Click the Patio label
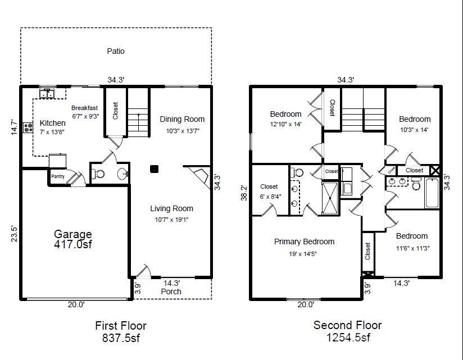click(x=116, y=51)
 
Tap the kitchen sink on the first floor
click(x=47, y=93)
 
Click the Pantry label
click(x=57, y=176)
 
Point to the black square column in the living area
click(x=154, y=169)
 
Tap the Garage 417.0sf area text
click(x=73, y=239)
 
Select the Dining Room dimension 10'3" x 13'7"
click(x=183, y=131)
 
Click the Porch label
click(x=171, y=291)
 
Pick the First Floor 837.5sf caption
click(x=121, y=332)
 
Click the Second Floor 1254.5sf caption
click(x=348, y=331)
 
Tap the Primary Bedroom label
click(x=304, y=241)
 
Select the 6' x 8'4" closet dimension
click(x=270, y=196)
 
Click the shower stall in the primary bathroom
click(x=330, y=198)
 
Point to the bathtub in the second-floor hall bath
click(x=432, y=193)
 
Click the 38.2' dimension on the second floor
click(x=244, y=193)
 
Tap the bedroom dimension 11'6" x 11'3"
click(x=412, y=248)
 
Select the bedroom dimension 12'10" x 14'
click(x=285, y=124)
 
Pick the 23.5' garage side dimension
click(x=15, y=234)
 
